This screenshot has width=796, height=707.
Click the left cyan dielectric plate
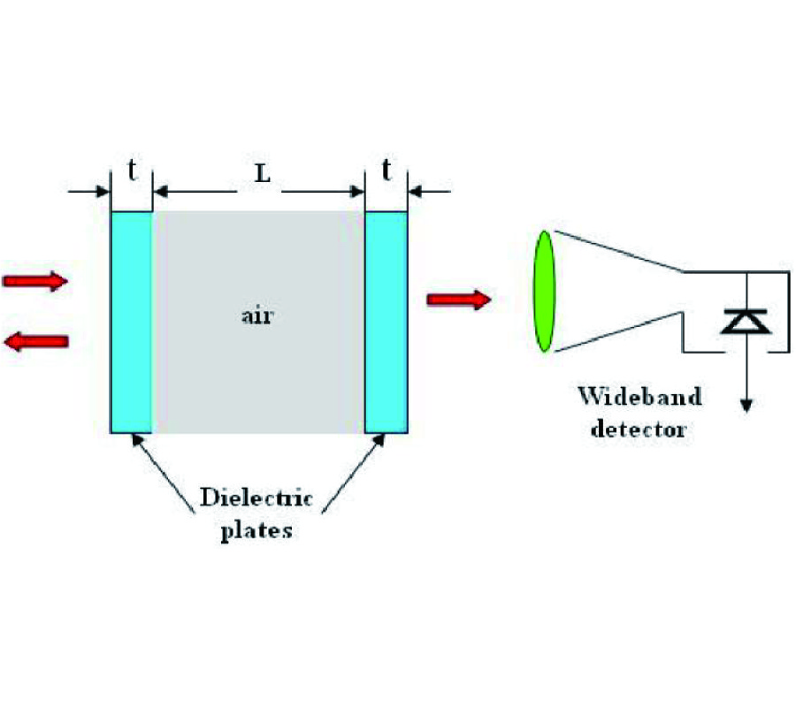[x=132, y=322]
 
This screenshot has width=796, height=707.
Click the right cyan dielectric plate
[x=387, y=322]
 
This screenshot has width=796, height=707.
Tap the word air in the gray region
[x=257, y=315]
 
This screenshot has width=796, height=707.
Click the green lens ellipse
[x=544, y=291]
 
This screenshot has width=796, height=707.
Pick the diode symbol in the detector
[x=746, y=322]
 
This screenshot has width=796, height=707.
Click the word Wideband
[x=639, y=395]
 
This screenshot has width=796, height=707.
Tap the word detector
[x=639, y=430]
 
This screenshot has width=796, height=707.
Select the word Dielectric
[x=256, y=498]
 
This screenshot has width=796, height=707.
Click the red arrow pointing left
[x=36, y=341]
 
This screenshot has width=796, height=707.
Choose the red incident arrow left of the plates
[x=36, y=282]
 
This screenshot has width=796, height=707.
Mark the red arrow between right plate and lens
[x=458, y=300]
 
